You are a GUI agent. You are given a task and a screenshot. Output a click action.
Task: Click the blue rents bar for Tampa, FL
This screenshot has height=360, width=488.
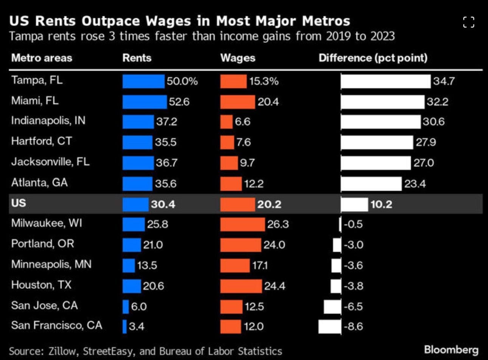tap(143, 81)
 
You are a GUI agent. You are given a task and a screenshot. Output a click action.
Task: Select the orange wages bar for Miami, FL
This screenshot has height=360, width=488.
tap(238, 102)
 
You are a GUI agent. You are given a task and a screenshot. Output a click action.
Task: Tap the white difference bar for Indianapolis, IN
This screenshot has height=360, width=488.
tap(381, 122)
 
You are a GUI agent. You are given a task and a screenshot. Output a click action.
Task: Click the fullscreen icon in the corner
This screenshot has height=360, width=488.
tap(468, 22)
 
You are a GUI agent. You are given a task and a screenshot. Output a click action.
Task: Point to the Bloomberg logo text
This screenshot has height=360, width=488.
tap(451, 349)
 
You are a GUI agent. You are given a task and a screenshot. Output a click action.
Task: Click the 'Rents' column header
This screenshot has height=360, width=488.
tap(137, 58)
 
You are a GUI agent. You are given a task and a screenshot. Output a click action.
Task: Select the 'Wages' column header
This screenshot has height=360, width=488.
tap(238, 58)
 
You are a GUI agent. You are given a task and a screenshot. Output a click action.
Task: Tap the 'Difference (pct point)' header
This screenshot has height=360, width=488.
tap(373, 58)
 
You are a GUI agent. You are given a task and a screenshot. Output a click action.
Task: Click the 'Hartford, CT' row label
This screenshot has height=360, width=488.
tap(42, 141)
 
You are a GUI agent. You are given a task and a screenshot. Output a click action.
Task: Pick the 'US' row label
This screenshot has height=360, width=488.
tap(19, 203)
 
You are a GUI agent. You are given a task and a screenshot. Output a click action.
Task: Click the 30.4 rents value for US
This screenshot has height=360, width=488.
tap(163, 204)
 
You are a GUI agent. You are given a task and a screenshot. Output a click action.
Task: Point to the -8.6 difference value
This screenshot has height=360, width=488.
tap(353, 326)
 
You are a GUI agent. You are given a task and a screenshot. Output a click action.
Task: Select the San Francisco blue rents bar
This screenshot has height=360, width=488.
tap(124, 326)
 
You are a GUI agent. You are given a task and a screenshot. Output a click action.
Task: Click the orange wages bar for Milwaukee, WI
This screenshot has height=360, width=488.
tap(242, 224)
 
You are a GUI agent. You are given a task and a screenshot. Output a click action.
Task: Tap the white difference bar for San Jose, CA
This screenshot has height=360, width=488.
tap(333, 306)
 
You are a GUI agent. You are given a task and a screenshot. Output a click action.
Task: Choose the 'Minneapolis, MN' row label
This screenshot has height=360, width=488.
tap(51, 264)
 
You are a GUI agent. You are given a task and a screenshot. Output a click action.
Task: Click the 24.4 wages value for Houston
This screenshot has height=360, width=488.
tap(275, 286)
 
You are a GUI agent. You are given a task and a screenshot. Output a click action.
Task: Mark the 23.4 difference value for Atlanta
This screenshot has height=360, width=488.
tap(415, 184)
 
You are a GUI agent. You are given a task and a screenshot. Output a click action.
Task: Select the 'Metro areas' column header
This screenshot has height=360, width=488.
tap(42, 58)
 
